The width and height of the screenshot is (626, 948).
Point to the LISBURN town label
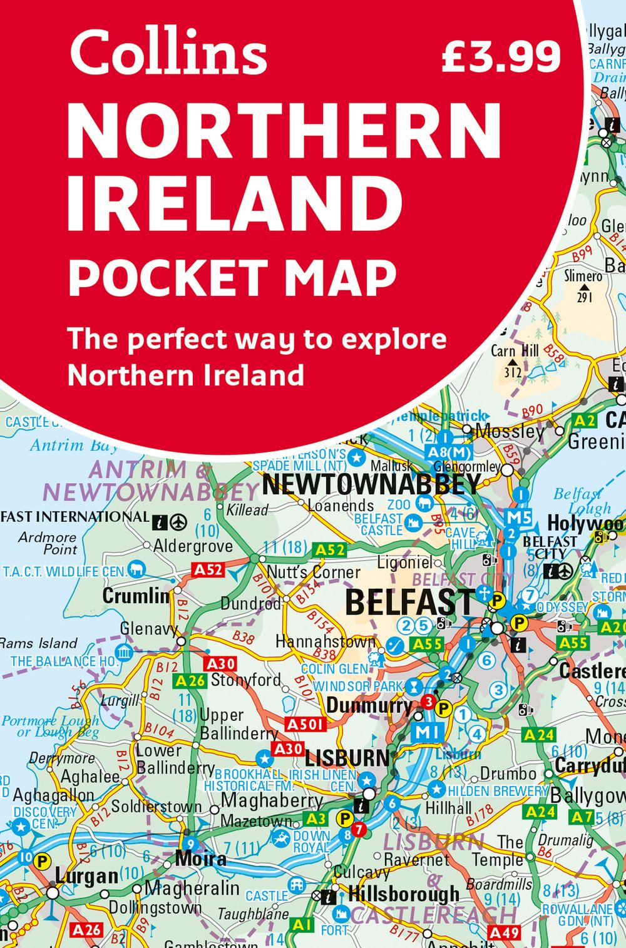click(347, 758)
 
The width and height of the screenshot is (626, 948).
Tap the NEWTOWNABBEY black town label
click(371, 484)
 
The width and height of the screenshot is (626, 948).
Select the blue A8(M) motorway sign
click(448, 452)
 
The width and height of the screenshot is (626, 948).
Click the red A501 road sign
click(306, 724)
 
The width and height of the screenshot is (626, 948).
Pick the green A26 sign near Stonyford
click(190, 681)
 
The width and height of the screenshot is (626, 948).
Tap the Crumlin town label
click(136, 595)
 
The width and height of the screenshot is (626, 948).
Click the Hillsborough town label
click(403, 894)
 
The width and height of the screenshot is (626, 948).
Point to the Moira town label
click(200, 858)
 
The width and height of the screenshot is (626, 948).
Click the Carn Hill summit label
click(514, 351)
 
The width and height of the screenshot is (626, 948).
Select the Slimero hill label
click(583, 276)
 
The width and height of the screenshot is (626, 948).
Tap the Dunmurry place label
click(369, 706)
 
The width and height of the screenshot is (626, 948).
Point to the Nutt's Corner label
click(313, 572)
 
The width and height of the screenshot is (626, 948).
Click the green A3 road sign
click(316, 818)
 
